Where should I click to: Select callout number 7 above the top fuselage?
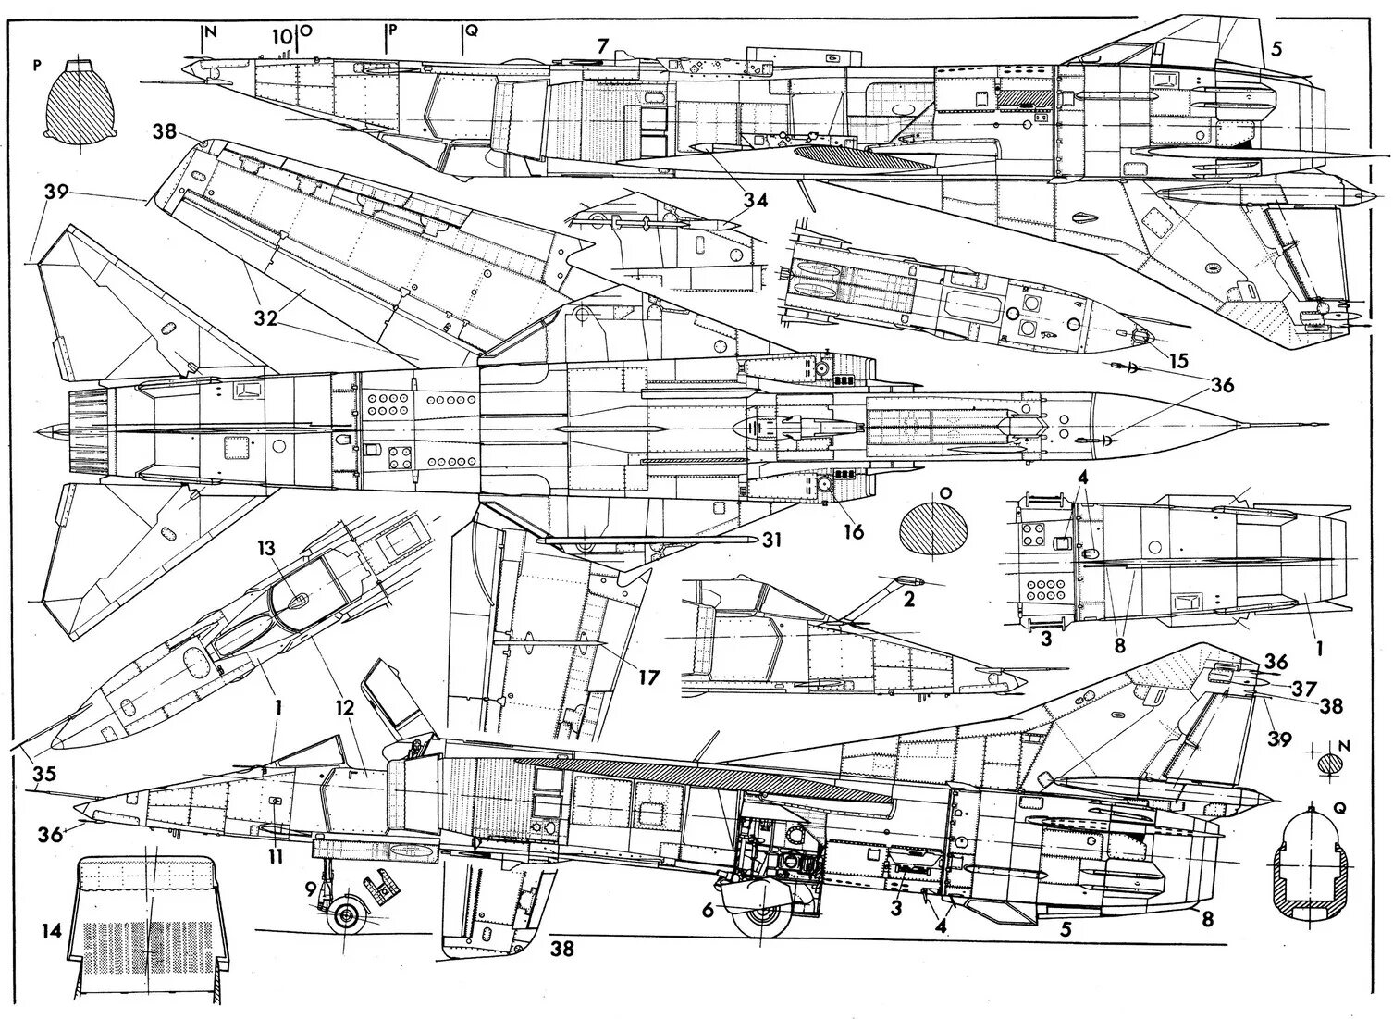(x=603, y=45)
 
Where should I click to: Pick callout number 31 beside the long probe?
(x=772, y=541)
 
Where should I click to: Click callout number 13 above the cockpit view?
(x=267, y=548)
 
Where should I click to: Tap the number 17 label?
(x=647, y=677)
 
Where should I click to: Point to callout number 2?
(x=908, y=599)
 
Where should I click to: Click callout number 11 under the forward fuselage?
(x=275, y=857)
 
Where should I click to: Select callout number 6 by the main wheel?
(x=708, y=911)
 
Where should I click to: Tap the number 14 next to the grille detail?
(x=52, y=930)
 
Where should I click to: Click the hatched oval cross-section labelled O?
(x=933, y=531)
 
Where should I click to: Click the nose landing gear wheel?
(x=347, y=916)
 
